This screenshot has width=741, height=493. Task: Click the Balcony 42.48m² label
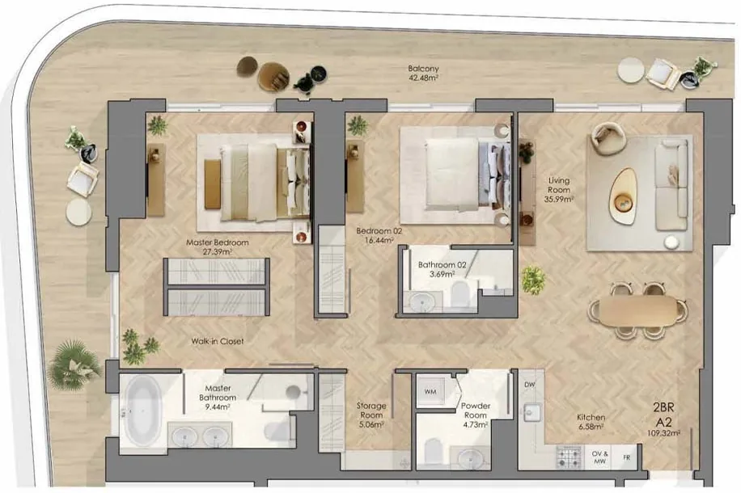(423, 74)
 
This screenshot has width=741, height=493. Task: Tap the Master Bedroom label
(218, 242)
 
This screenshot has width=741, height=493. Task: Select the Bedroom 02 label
(379, 231)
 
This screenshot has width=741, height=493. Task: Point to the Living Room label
(559, 185)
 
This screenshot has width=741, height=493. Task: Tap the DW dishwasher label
(529, 385)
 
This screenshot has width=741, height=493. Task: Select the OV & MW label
(599, 457)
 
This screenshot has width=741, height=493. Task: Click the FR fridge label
(627, 457)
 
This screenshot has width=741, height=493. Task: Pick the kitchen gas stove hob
(569, 457)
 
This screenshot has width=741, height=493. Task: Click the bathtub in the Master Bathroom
(142, 411)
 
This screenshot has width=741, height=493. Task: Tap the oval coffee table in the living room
(623, 196)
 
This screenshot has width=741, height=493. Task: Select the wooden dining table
(638, 310)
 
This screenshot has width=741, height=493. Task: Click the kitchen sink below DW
(531, 413)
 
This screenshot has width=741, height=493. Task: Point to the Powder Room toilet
(433, 452)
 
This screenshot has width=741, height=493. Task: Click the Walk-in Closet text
(218, 341)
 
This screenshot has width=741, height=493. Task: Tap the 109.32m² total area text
(663, 432)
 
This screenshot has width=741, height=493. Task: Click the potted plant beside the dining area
(534, 280)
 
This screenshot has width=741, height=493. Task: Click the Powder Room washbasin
(471, 457)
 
